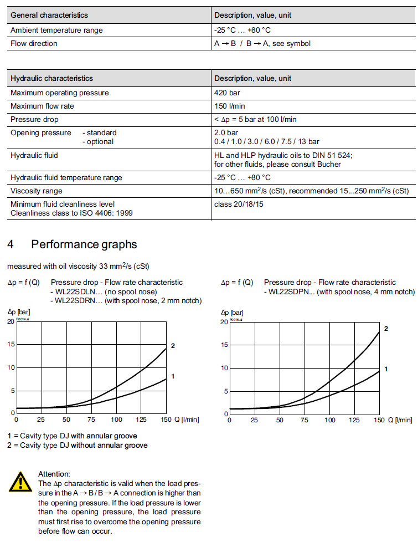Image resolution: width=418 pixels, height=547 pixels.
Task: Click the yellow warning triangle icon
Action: click(20, 482)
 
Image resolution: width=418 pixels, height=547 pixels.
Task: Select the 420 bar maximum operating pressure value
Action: click(227, 93)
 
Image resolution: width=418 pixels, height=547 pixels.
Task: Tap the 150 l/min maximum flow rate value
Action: click(229, 106)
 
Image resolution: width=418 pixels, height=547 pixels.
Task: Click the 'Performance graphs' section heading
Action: click(84, 244)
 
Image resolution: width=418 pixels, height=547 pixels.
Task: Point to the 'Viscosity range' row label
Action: click(37, 191)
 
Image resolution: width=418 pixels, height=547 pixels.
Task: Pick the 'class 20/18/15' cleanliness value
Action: click(239, 204)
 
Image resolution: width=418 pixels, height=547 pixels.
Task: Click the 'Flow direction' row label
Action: click(34, 43)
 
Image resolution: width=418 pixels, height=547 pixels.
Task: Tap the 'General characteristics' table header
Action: click(49, 15)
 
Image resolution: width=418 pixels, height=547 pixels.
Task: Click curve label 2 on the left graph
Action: click(173, 346)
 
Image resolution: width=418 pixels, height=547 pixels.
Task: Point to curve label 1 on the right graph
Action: click(385, 369)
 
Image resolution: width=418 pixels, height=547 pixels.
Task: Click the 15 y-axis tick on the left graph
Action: click(11, 344)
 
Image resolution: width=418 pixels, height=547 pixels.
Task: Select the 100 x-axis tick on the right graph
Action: click(329, 420)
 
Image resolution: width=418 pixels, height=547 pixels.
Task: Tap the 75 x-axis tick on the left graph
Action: click(91, 420)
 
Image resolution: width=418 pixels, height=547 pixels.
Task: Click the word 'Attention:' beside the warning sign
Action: click(54, 474)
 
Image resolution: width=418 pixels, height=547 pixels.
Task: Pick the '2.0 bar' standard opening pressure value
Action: click(226, 133)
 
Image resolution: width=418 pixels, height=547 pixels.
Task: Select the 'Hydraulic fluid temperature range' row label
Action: click(66, 177)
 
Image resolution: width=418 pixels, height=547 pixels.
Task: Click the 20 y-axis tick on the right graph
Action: click(224, 322)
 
